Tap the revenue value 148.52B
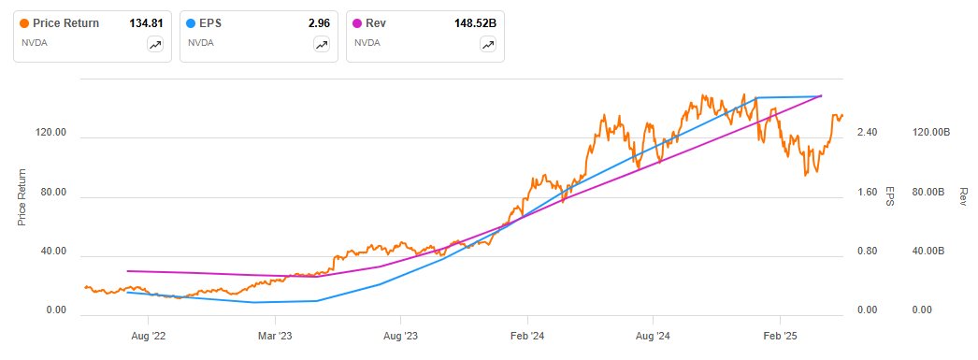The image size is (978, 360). [x=473, y=23]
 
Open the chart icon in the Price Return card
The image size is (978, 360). [x=155, y=44]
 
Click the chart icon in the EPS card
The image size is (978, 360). [x=322, y=44]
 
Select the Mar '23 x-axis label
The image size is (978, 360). [x=274, y=335]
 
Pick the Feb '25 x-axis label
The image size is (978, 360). [x=780, y=335]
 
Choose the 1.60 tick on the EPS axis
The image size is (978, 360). [x=867, y=193]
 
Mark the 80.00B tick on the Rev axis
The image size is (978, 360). [x=930, y=193]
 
